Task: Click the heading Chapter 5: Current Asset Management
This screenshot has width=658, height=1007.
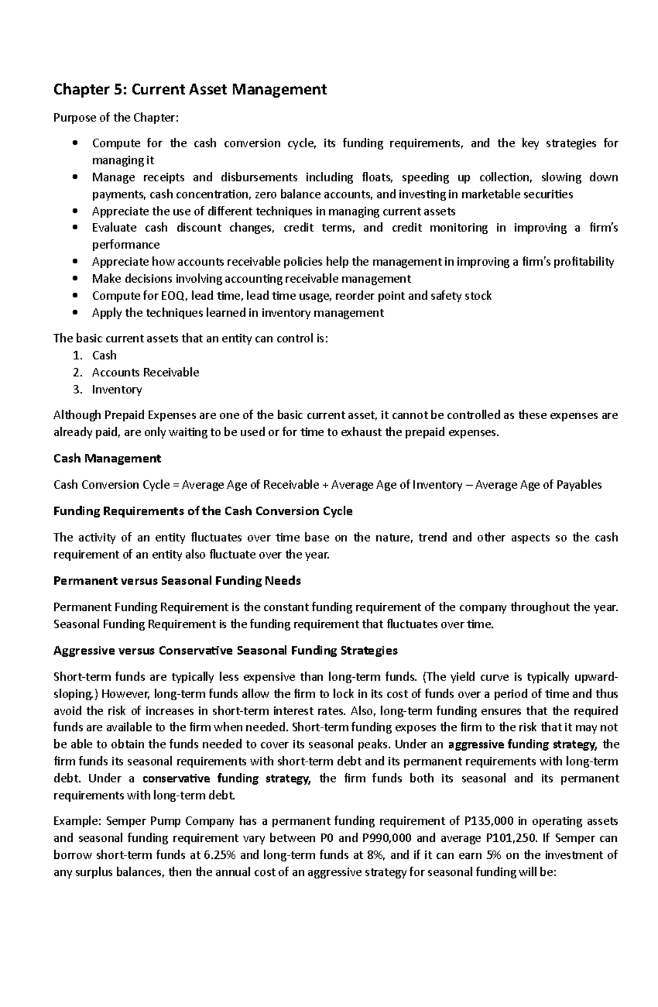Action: coord(190,89)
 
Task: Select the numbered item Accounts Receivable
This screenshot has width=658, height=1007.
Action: coord(145,372)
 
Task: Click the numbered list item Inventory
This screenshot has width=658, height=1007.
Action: coord(117,389)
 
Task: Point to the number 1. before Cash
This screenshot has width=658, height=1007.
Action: coord(78,355)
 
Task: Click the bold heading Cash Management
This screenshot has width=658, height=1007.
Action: coord(107,458)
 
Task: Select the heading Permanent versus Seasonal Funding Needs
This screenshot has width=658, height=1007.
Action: coord(177,581)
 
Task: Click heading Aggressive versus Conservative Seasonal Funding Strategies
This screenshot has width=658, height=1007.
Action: coord(225,650)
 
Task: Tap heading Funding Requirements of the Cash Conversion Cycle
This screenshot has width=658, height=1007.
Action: coord(203,511)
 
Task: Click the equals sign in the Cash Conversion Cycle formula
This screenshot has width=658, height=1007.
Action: coord(175,485)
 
